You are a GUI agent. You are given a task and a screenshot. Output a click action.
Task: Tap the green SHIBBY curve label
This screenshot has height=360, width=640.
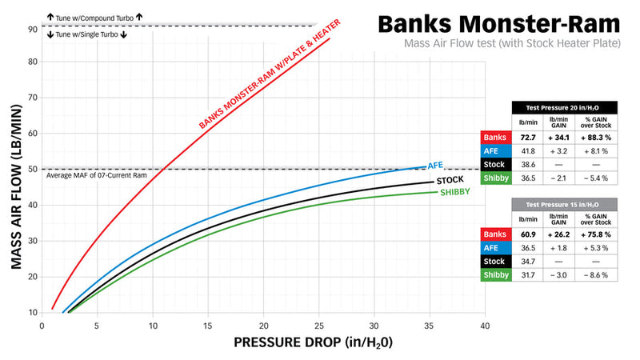(454, 193)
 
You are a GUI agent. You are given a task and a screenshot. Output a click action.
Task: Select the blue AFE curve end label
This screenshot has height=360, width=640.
(435, 165)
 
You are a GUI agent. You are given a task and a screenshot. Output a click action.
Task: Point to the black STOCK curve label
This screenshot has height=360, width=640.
(450, 181)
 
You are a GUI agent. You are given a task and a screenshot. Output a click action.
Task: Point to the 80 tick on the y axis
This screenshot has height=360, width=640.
(33, 62)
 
